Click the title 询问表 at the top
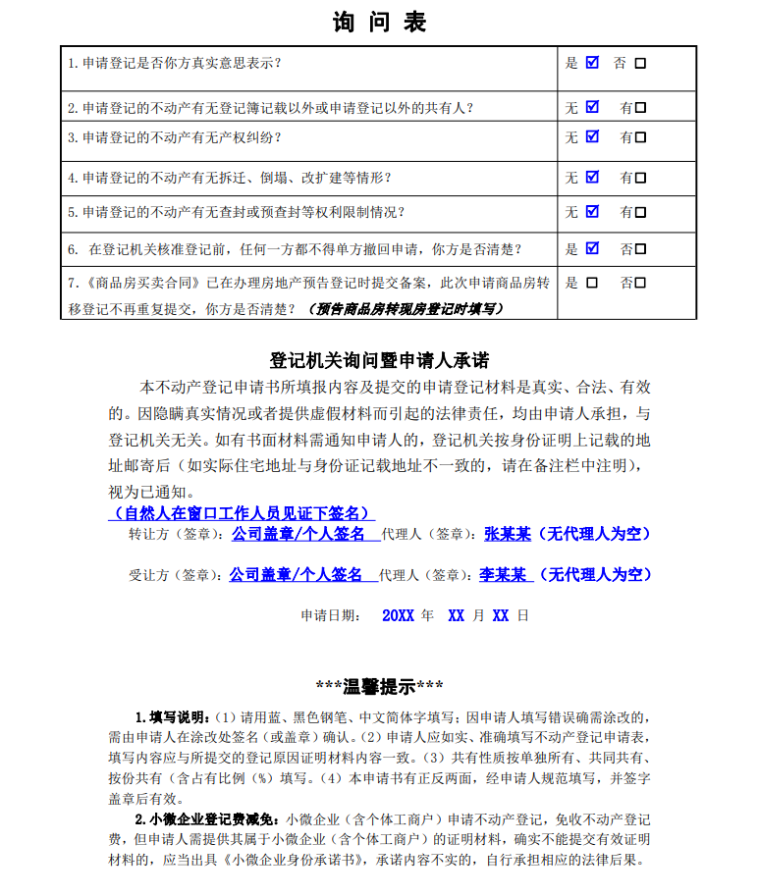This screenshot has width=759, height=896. pyautogui.click(x=378, y=22)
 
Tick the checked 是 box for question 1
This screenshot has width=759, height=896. pyautogui.click(x=592, y=63)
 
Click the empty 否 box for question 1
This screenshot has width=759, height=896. pyautogui.click(x=640, y=64)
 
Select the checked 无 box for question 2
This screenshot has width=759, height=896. pyautogui.click(x=592, y=107)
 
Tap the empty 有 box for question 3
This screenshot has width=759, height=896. pyautogui.click(x=640, y=137)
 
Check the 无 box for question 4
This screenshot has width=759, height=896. pyautogui.click(x=592, y=178)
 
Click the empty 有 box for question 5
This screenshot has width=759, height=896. pyautogui.click(x=640, y=212)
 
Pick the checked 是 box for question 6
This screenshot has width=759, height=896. pyautogui.click(x=592, y=248)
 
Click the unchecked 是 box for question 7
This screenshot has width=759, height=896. pyautogui.click(x=591, y=283)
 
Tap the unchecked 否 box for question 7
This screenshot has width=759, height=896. pyautogui.click(x=640, y=283)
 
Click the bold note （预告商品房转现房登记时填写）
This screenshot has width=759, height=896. pyautogui.click(x=406, y=308)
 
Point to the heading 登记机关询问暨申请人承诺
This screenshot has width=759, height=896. pyautogui.click(x=379, y=360)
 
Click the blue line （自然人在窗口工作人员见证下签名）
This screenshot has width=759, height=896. pyautogui.click(x=242, y=513)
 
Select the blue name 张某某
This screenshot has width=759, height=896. pyautogui.click(x=508, y=534)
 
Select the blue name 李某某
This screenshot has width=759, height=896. pyautogui.click(x=503, y=574)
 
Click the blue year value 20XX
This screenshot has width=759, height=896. pyautogui.click(x=398, y=616)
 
